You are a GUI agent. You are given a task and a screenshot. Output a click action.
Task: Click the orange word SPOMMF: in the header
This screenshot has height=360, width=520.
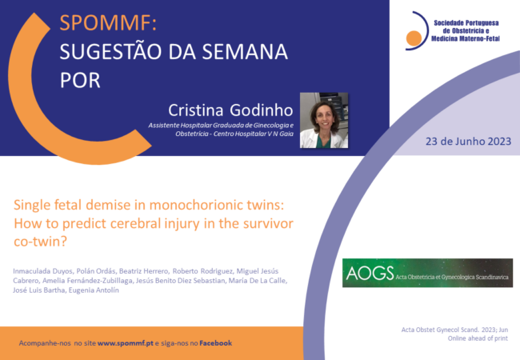click(x=108, y=23)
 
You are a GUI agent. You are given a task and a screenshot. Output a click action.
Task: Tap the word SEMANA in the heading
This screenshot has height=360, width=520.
click(x=245, y=52)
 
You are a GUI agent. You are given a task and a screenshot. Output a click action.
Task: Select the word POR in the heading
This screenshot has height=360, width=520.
click(x=80, y=80)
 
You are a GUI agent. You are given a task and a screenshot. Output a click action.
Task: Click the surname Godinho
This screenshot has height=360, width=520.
click(x=262, y=110)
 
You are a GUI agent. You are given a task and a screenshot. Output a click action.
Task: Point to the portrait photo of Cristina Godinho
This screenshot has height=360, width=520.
click(x=324, y=120)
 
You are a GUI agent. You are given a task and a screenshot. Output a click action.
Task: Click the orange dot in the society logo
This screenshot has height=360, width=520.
click(x=414, y=38)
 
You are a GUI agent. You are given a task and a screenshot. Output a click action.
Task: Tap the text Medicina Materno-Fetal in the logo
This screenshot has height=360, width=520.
click(x=466, y=38)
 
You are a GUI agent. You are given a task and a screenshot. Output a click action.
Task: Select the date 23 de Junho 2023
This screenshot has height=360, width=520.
click(x=468, y=142)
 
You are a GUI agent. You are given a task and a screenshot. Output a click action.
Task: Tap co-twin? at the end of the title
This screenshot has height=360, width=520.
click(x=41, y=242)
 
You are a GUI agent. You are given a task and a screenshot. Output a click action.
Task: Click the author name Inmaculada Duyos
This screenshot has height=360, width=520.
click(x=42, y=271)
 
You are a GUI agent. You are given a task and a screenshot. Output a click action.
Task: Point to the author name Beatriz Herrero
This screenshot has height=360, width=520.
click(x=144, y=271)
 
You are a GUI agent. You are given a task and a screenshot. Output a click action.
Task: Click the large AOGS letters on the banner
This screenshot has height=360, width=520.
click(x=370, y=273)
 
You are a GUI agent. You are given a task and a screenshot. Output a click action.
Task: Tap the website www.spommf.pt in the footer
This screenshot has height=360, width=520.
click(x=126, y=343)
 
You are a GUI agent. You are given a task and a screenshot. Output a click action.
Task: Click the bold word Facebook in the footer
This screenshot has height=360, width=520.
click(x=215, y=343)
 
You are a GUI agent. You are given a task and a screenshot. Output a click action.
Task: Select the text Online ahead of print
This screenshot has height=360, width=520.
click(x=478, y=338)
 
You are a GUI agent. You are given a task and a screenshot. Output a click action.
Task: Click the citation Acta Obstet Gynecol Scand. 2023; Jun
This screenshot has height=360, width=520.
click(x=454, y=330)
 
